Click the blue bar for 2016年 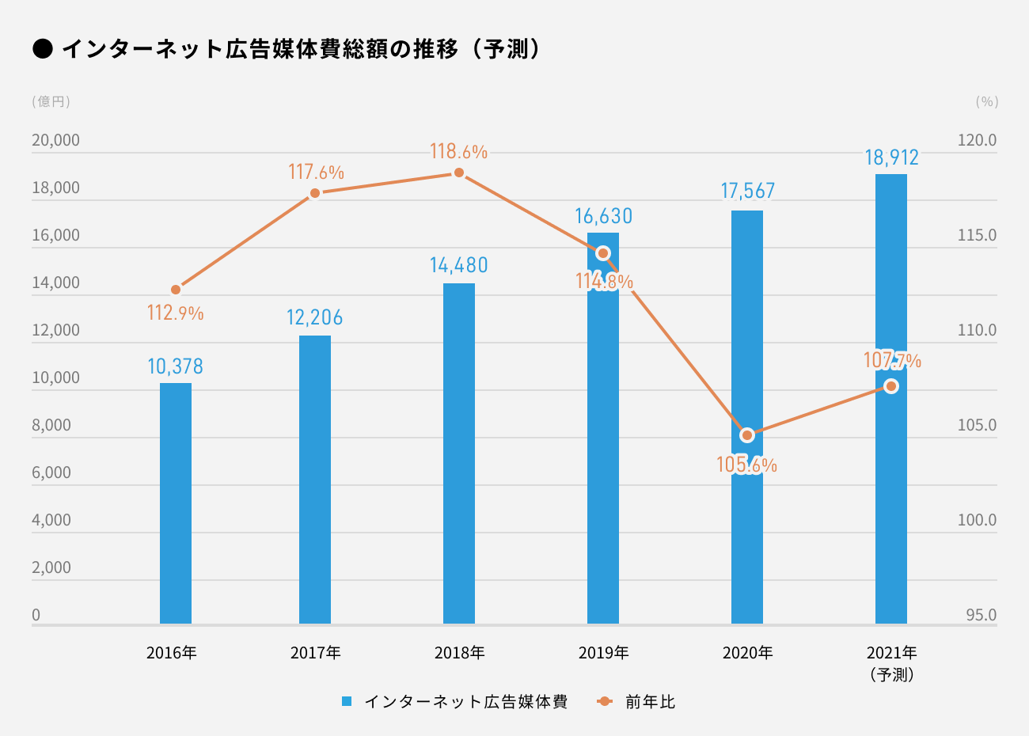point(176,503)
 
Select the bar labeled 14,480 point(459,453)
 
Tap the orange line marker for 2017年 point(315,193)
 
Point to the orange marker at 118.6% point(459,173)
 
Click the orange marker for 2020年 point(747,435)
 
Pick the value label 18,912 point(891,157)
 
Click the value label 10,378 point(176,366)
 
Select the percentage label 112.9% point(176,313)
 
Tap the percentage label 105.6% point(746,465)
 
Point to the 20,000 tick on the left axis point(55,141)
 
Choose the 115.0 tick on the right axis point(977,236)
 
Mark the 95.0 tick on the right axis point(981,616)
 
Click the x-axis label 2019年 point(603,653)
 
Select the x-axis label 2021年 point(891,653)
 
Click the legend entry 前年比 point(650,702)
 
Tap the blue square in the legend point(347,702)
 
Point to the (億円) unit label point(51,101)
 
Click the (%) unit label point(987,101)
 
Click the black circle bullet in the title point(43,49)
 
